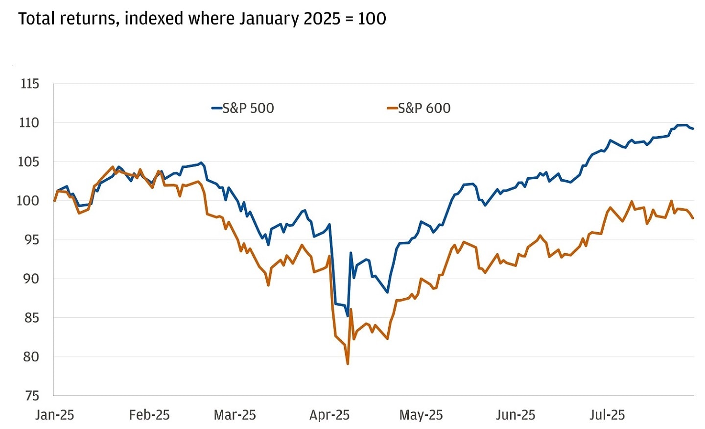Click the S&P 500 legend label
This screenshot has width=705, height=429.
click(248, 108)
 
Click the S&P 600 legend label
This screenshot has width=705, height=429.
click(424, 108)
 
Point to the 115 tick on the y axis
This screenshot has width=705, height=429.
click(29, 84)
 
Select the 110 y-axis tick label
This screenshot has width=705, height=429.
click(29, 122)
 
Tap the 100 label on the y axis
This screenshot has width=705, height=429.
click(28, 201)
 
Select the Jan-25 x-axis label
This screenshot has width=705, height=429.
click(55, 415)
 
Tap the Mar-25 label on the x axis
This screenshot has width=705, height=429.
click(235, 415)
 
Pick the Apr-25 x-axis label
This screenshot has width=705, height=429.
click(329, 415)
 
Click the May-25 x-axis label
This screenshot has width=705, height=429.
click(421, 415)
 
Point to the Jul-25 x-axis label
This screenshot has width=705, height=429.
click(607, 415)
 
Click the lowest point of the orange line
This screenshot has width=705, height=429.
click(348, 364)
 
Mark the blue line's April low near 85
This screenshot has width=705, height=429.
click(348, 316)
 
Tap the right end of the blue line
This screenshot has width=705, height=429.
click(693, 129)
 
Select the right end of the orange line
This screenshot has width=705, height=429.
click(693, 218)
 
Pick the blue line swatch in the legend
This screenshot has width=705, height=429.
click(217, 108)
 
